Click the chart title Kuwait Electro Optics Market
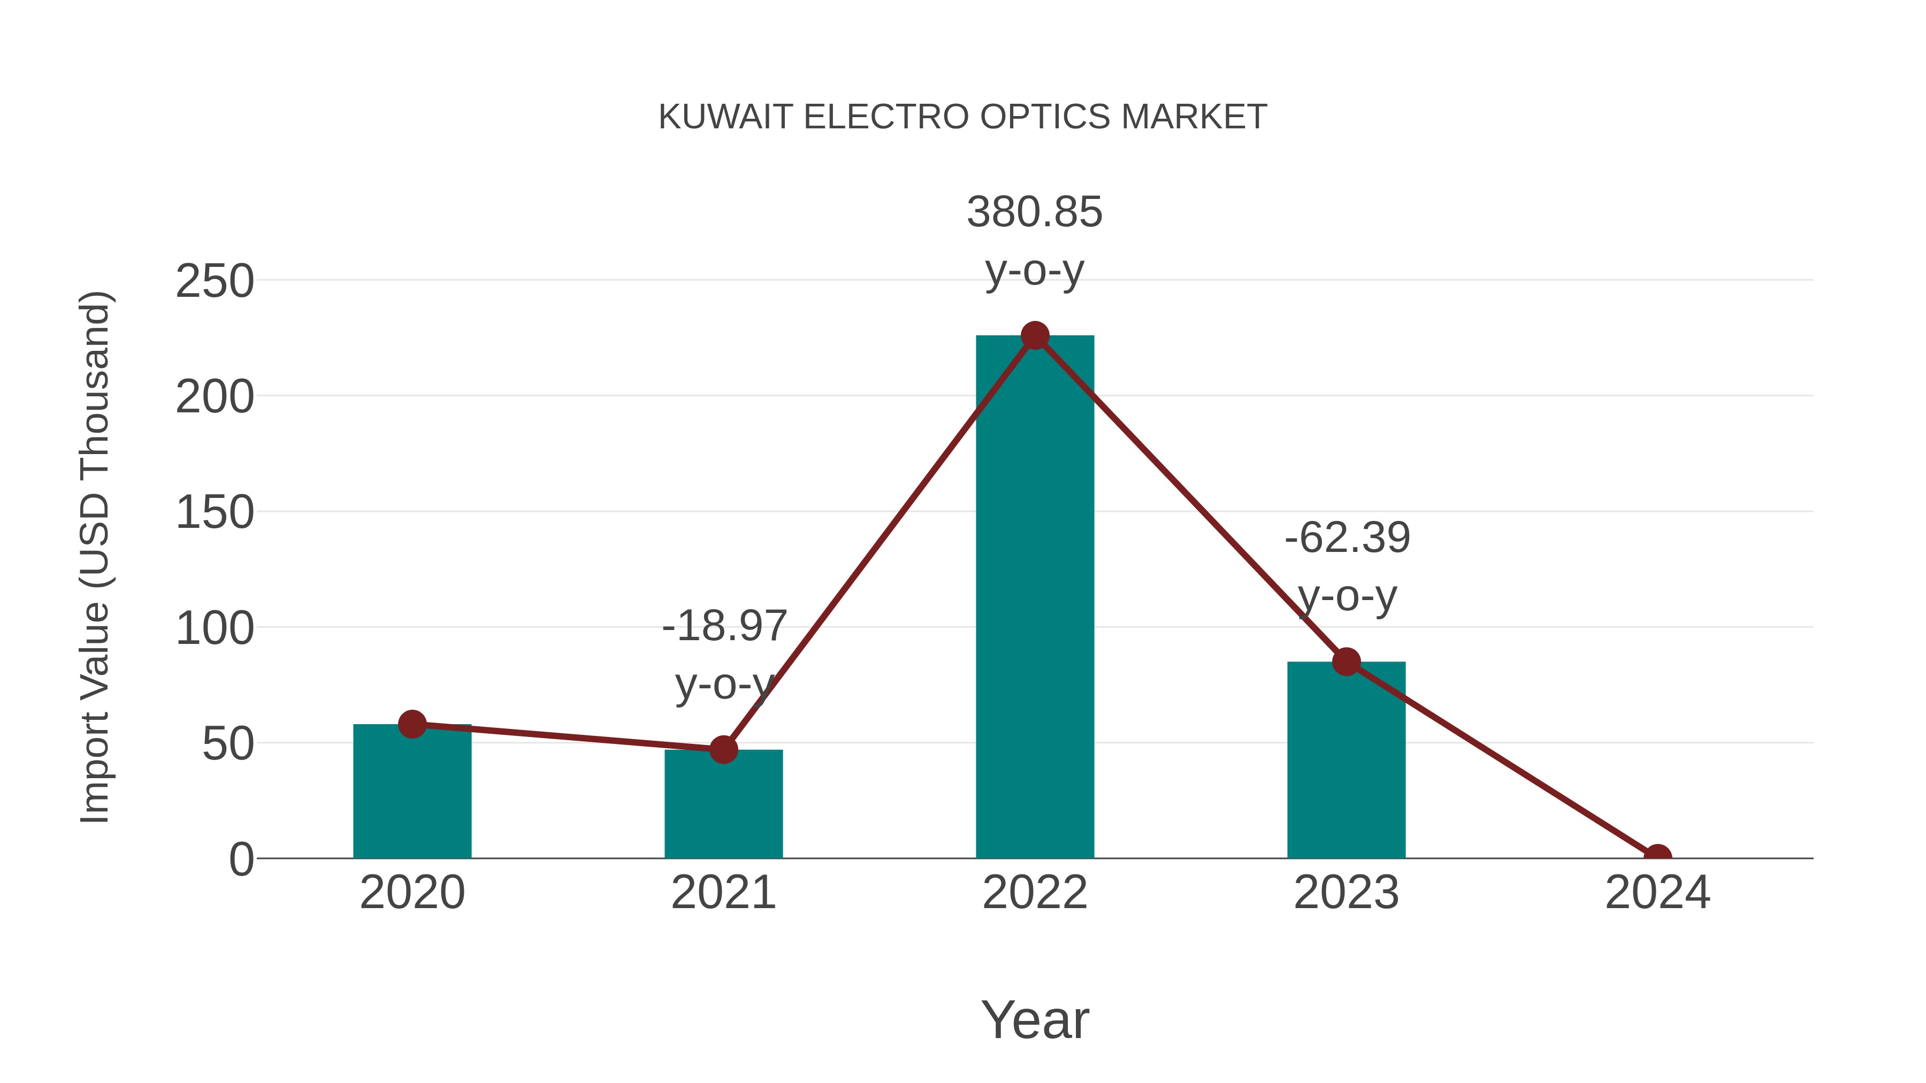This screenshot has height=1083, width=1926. click(x=962, y=117)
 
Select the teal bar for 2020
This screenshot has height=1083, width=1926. click(x=412, y=792)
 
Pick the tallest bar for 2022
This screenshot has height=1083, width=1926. click(x=1035, y=598)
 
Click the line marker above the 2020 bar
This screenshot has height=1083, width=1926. click(x=412, y=724)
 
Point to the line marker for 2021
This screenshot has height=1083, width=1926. click(x=723, y=749)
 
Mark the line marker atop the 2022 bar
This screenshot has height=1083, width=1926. click(x=1035, y=335)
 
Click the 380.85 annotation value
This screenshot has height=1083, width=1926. click(x=1034, y=212)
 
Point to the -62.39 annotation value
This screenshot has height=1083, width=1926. click(x=1347, y=538)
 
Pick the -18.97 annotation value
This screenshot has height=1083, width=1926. click(x=724, y=626)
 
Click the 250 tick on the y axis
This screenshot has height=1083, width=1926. click(x=215, y=282)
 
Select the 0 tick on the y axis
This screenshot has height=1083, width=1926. click(x=241, y=859)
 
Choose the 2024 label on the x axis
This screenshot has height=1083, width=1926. click(x=1657, y=893)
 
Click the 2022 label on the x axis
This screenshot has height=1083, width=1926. click(x=1035, y=893)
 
